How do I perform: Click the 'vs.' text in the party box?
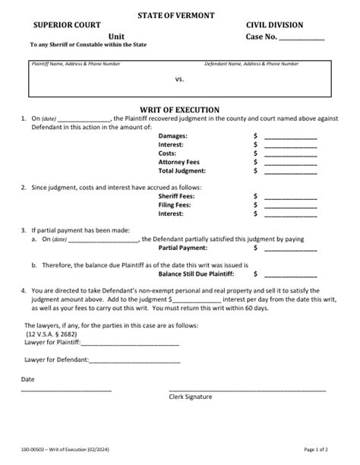coord(180,79)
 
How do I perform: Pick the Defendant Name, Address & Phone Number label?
coord(241,64)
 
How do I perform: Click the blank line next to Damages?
coord(289,137)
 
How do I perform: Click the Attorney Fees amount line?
coord(289,163)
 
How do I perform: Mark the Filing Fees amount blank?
coord(289,206)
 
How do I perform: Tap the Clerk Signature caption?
coord(191,397)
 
